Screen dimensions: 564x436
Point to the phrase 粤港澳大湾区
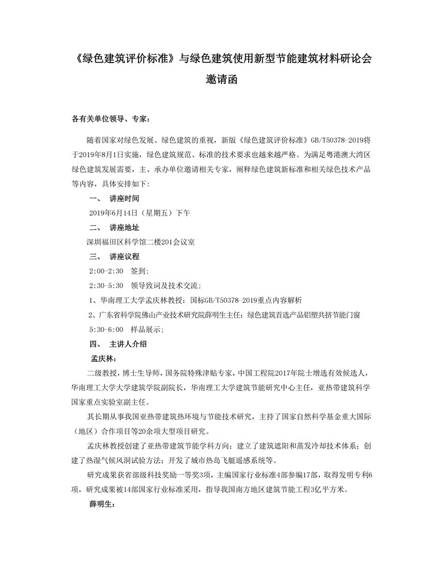(x=344, y=156)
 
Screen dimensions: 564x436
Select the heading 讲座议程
(x=125, y=256)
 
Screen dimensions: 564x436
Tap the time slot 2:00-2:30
(x=106, y=271)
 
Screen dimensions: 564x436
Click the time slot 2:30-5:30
(x=106, y=285)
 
